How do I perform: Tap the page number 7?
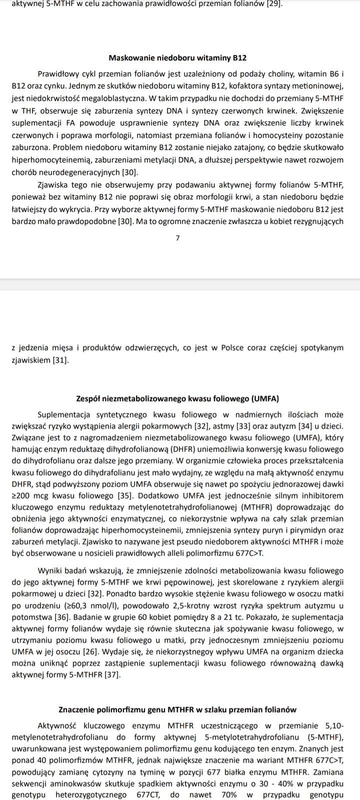(177, 238)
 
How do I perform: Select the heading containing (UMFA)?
(177, 399)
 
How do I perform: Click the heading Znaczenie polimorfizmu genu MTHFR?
(177, 710)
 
